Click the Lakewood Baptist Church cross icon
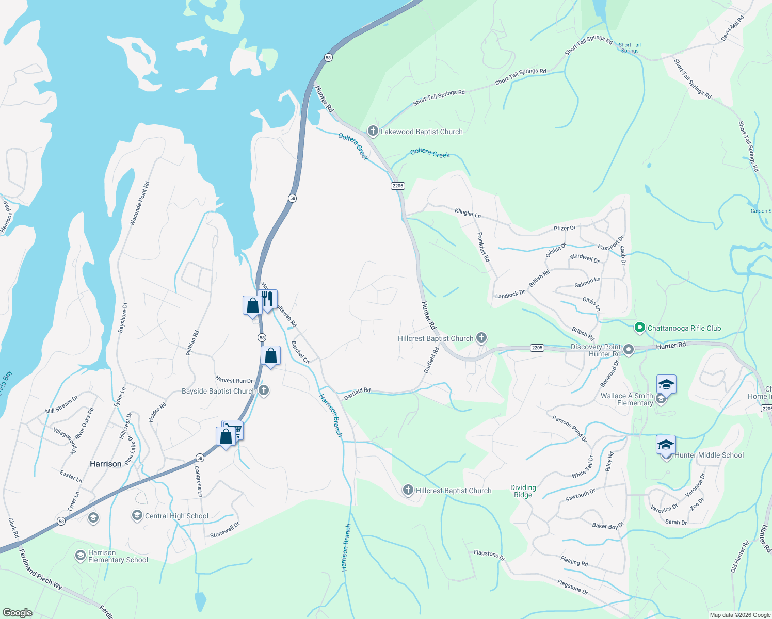tap(373, 131)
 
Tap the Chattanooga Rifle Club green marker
tap(639, 328)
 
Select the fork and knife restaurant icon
tap(268, 299)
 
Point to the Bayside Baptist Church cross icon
tap(264, 390)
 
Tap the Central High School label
tap(176, 516)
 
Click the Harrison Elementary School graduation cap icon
tap(80, 556)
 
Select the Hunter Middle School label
tap(709, 455)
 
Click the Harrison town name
tap(106, 464)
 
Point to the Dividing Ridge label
tap(523, 491)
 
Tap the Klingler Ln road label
tap(468, 213)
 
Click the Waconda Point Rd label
tap(139, 203)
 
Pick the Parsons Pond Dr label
tap(570, 429)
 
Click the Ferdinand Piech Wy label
tap(41, 569)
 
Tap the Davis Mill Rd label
tap(733, 28)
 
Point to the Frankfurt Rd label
tap(484, 247)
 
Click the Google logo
tap(17, 612)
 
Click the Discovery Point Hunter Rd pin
tap(628, 350)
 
